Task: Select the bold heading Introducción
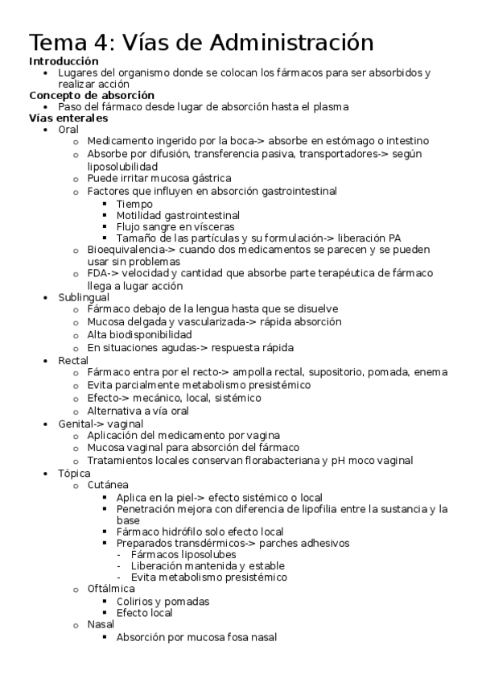tap(64, 61)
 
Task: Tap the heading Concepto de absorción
tap(91, 95)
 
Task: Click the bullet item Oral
tap(68, 129)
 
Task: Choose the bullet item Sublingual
tap(83, 297)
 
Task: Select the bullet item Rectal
tap(72, 360)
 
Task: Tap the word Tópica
tap(74, 474)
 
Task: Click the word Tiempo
tap(134, 204)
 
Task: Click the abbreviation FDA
tap(99, 273)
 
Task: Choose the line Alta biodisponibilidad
tap(139, 334)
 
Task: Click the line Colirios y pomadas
tap(163, 601)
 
